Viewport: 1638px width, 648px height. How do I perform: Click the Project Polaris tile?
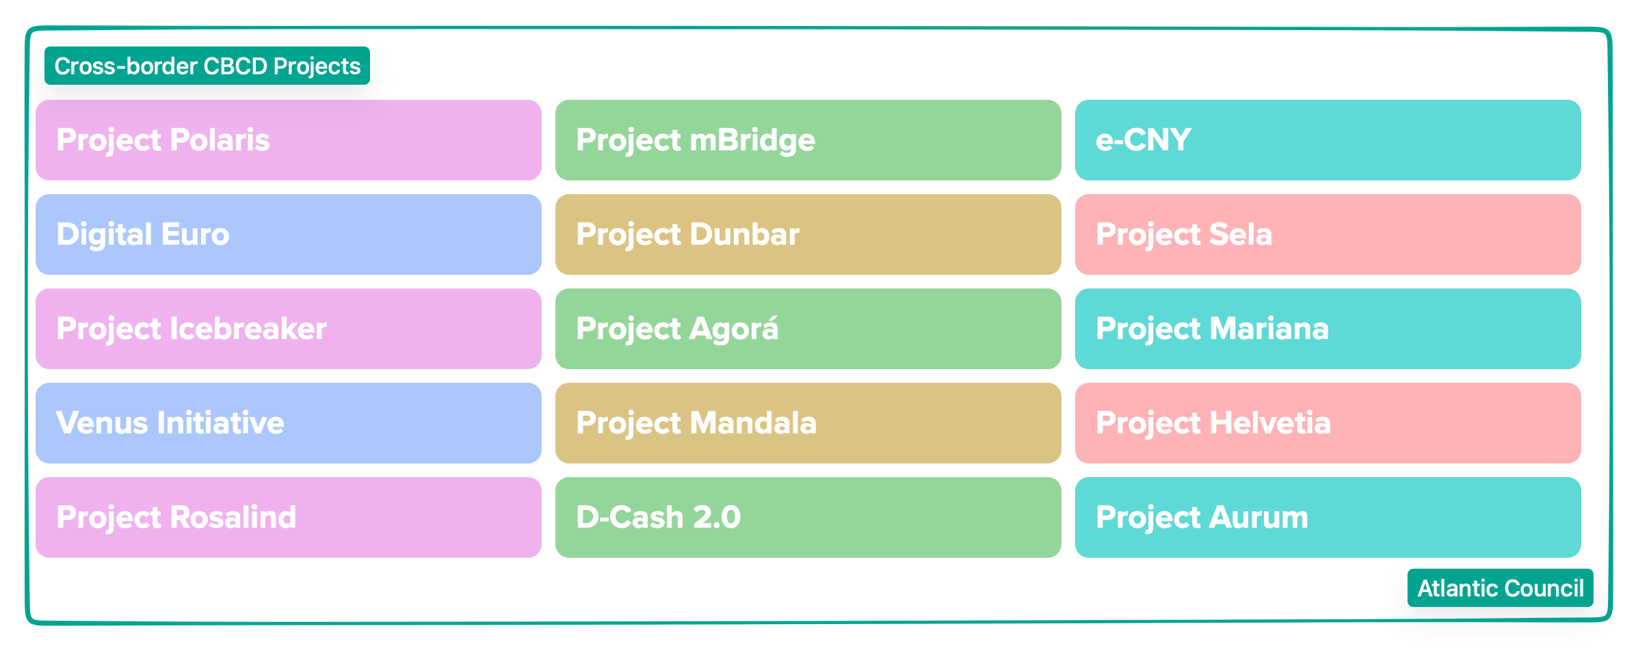pos(288,140)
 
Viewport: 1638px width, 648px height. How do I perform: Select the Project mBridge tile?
pos(808,140)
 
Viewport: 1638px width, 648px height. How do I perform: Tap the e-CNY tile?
pos(1327,140)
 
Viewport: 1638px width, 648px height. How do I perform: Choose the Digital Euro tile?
pos(288,234)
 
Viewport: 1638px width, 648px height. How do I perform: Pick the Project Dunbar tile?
pos(808,234)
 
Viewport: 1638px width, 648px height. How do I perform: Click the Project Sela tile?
pos(1327,234)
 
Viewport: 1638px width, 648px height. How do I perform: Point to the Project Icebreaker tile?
pos(288,329)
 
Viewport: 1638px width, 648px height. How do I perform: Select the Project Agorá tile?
pos(808,329)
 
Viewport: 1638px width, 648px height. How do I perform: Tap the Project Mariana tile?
pos(1327,329)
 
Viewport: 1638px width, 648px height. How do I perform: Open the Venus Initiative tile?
pos(288,423)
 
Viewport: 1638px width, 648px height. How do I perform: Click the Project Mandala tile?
pos(808,423)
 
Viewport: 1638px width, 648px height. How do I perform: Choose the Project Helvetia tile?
pos(1327,423)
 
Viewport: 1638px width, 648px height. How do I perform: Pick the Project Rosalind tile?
pos(288,517)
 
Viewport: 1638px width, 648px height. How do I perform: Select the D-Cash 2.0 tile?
pos(808,517)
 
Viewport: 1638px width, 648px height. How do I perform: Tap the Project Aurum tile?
pos(1327,517)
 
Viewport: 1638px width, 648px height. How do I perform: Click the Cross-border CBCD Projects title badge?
pos(207,66)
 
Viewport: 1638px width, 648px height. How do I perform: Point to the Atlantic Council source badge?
pos(1500,588)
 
